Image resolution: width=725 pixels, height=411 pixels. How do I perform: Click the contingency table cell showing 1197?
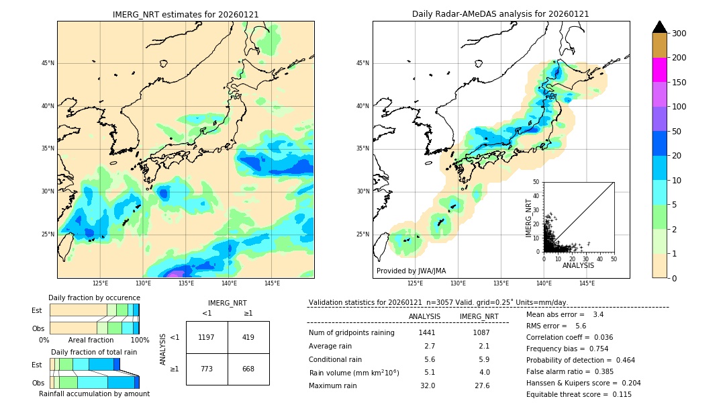(207, 337)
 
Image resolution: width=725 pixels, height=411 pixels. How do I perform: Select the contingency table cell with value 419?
(248, 337)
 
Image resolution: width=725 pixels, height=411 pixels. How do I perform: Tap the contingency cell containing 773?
(207, 369)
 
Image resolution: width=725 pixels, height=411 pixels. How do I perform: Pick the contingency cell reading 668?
(248, 369)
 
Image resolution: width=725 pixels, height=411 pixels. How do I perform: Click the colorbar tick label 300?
(679, 34)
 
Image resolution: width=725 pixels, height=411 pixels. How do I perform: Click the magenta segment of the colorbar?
(660, 70)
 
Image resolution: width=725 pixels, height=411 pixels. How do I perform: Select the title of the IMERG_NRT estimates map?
(185, 14)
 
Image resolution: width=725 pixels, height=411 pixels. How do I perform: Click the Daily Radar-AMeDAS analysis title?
(501, 14)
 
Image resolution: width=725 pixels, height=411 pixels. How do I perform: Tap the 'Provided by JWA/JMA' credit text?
(411, 271)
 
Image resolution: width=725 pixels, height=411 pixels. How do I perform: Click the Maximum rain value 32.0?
(428, 385)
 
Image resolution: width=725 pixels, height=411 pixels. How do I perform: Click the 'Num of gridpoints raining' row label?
(352, 332)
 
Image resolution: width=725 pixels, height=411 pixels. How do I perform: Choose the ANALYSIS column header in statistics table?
(424, 316)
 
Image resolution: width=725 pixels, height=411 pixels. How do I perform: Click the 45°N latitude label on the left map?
(48, 63)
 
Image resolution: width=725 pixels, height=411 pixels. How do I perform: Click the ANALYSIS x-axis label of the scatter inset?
(578, 265)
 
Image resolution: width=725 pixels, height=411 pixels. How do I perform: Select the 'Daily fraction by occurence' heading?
(94, 298)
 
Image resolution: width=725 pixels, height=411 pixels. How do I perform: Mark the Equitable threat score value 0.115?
(622, 394)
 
